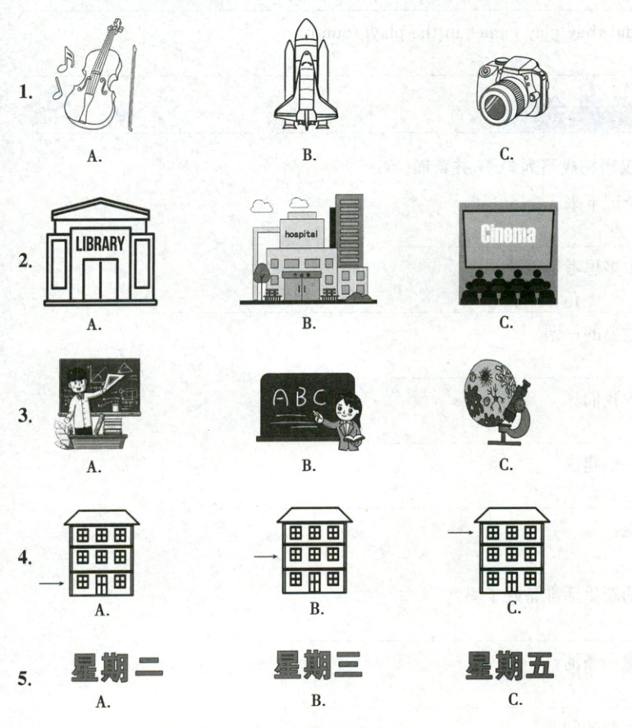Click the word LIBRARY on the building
point(100,244)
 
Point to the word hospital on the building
point(300,233)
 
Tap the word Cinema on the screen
point(508,236)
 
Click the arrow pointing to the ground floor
point(51,584)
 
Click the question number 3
point(25,415)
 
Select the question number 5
point(25,679)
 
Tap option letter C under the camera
point(506,153)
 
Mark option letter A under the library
point(94,324)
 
